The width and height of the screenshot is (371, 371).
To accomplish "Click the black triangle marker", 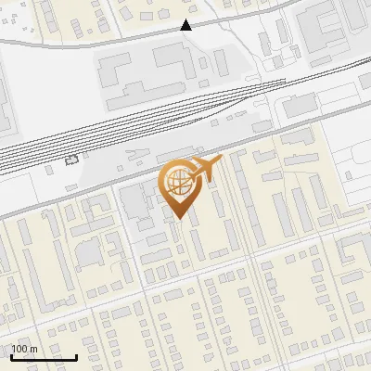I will coord(186,26).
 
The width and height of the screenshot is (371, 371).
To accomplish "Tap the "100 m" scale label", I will coord(24,349).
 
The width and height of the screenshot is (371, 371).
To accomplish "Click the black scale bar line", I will coord(44,357).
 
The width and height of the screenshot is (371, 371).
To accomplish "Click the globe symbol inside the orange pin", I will coord(177,184).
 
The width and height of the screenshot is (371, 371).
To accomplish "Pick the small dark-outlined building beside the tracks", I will coord(72,160).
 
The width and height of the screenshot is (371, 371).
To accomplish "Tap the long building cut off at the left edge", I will coord(5,102).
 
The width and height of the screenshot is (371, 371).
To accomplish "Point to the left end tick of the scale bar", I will coord(11,356).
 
